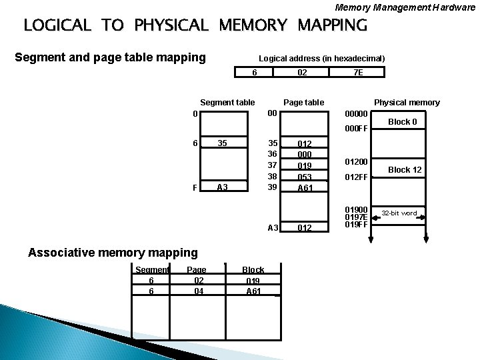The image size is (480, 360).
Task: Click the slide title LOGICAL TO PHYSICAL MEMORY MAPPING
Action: [x=195, y=26]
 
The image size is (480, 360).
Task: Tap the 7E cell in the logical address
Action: [x=358, y=73]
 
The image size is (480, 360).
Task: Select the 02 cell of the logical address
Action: [x=302, y=73]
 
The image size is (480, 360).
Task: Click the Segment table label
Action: [x=227, y=102]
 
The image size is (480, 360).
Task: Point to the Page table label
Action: [x=303, y=102]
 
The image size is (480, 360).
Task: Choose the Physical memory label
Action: [x=407, y=102]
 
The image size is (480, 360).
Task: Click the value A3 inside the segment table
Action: [x=223, y=187]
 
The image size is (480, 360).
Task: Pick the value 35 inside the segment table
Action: [x=223, y=143]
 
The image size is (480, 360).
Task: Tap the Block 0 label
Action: [x=403, y=122]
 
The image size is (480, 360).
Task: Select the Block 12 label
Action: [x=405, y=170]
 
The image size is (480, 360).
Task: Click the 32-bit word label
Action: [x=399, y=213]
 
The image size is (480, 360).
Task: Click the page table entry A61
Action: [x=305, y=188]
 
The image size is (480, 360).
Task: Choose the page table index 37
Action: [x=273, y=165]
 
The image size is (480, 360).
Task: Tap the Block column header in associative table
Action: [x=253, y=270]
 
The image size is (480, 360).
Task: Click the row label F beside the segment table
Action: [x=195, y=188]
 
